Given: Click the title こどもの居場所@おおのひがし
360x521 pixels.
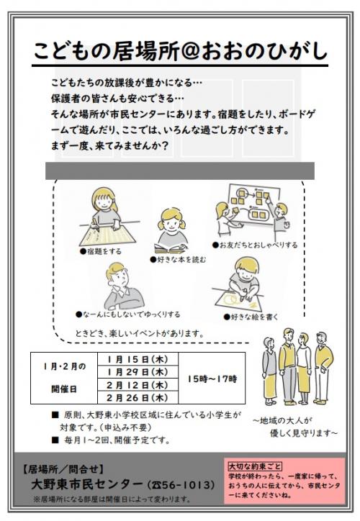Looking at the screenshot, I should [x=180, y=52].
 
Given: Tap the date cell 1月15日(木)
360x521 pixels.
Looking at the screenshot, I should [x=138, y=358].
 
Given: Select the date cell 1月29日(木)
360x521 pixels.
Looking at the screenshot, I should [x=138, y=371].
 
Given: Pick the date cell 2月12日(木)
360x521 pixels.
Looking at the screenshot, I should [x=138, y=384].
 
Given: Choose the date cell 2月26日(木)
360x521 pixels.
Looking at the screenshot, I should [x=138, y=397].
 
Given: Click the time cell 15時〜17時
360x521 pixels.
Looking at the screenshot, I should [x=212, y=378].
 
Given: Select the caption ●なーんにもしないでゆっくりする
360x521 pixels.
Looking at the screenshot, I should [x=127, y=314].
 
